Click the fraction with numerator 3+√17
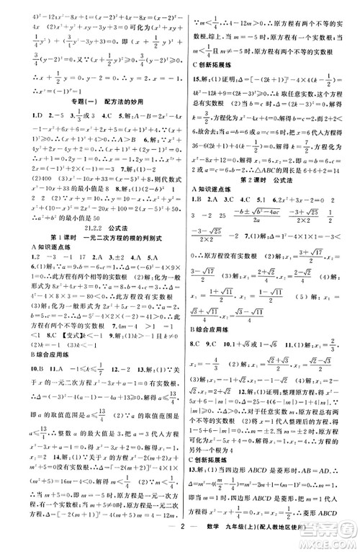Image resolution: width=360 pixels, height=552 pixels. click(x=324, y=275)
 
